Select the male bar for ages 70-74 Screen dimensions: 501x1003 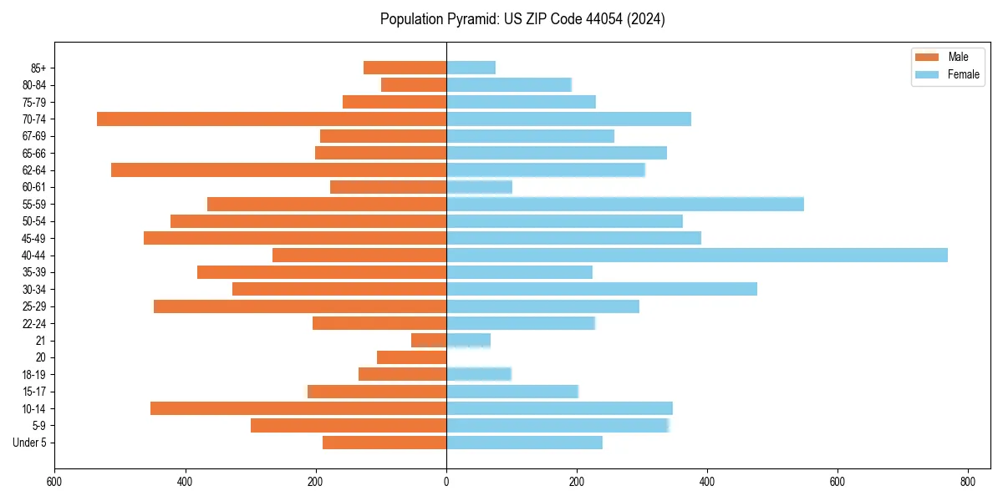pyautogui.click(x=272, y=119)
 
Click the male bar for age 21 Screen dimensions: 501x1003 pyautogui.click(x=429, y=341)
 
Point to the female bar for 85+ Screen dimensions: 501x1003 pyautogui.click(x=471, y=68)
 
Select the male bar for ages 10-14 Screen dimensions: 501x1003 pyautogui.click(x=298, y=408)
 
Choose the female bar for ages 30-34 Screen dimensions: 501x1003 pyautogui.click(x=602, y=289)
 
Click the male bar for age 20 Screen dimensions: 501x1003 pyautogui.click(x=411, y=357)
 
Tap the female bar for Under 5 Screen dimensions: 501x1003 pyautogui.click(x=524, y=443)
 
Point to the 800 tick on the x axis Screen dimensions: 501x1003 pyautogui.click(x=968, y=482)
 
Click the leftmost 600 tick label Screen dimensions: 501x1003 pyautogui.click(x=55, y=482)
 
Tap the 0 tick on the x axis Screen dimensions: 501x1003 pyautogui.click(x=446, y=482)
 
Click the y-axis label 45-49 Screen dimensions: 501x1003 pyautogui.click(x=34, y=238)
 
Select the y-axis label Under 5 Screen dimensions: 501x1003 pyautogui.click(x=30, y=443)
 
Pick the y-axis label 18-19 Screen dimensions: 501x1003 pyautogui.click(x=34, y=375)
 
